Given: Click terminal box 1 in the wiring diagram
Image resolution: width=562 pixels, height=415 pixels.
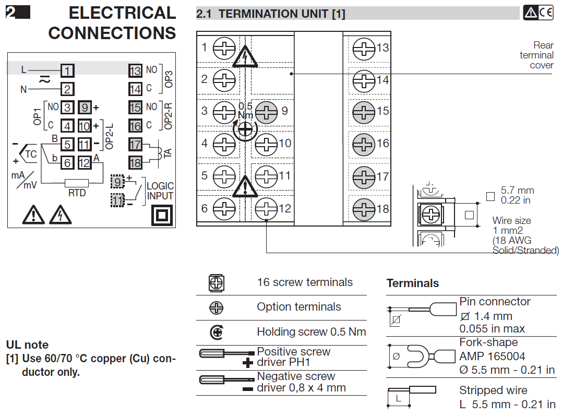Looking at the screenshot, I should tap(67, 70).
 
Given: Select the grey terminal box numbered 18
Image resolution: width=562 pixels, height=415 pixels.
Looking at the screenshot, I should tap(135, 162).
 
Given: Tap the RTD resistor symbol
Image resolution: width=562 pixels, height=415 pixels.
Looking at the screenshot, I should tap(76, 183).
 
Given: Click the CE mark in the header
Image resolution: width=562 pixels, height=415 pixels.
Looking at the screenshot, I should tap(546, 13).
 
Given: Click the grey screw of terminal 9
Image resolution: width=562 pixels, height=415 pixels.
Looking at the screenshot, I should tap(266, 111).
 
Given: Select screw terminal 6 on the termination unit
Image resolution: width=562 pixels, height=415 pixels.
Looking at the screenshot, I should tap(224, 209).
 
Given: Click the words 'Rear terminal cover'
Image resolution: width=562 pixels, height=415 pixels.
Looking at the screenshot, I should tap(536, 55).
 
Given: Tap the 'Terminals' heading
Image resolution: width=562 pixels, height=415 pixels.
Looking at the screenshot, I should tap(412, 283).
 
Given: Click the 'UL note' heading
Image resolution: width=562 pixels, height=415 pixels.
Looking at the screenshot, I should tap(27, 345).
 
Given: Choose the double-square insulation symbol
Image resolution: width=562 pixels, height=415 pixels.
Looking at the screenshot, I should tap(162, 215).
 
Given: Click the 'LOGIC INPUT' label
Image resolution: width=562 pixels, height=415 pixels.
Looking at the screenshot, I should tap(160, 191).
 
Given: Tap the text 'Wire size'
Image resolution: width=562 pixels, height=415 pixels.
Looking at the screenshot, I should tap(511, 221).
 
